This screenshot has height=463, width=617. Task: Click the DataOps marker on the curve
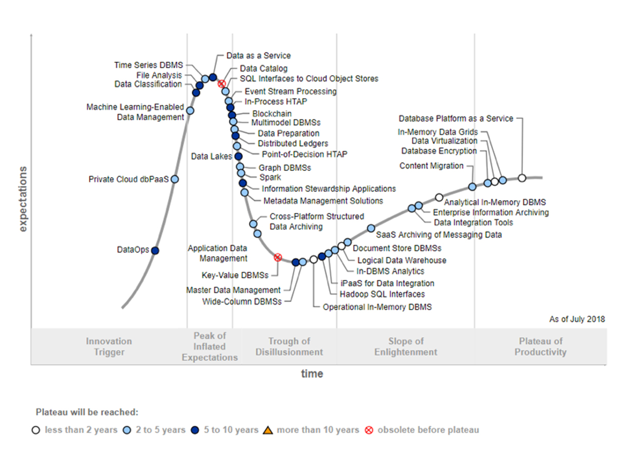point(155,251)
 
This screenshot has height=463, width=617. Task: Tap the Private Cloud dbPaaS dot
point(175,179)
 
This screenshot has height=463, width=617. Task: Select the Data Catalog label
point(263,68)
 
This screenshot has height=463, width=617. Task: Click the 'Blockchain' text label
point(272,114)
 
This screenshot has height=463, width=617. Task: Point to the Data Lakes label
point(211,156)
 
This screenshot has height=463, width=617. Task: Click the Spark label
point(270,177)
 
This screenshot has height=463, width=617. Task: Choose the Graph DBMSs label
point(285,168)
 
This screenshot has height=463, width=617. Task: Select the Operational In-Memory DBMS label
point(377,307)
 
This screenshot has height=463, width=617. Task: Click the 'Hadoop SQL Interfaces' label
point(383,294)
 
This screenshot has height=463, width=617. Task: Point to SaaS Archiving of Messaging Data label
point(439,235)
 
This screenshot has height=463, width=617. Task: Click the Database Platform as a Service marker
point(522,178)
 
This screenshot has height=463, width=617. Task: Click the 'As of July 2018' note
point(577,319)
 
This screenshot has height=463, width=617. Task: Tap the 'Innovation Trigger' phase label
point(108,347)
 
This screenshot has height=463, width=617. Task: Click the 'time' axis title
point(312,374)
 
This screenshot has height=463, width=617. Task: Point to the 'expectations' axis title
point(23,198)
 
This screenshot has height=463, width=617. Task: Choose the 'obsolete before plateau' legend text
point(428,430)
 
